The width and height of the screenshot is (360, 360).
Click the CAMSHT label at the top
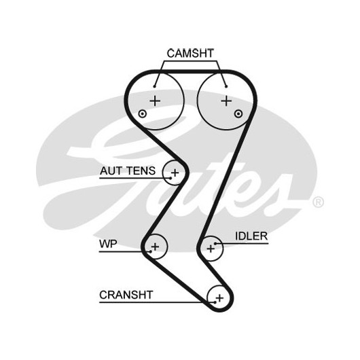(190, 53)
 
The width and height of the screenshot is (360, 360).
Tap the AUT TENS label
(128, 170)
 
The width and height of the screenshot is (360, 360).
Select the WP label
(108, 244)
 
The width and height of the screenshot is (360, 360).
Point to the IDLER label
(251, 236)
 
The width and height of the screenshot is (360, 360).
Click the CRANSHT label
(126, 295)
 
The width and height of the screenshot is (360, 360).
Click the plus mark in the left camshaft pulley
(155, 101)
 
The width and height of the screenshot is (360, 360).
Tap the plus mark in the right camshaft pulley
(226, 101)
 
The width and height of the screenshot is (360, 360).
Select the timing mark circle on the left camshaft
(143, 113)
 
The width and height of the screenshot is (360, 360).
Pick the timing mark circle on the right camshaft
(238, 113)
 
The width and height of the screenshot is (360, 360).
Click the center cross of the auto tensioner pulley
(175, 173)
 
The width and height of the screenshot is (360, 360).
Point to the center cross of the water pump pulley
(155, 247)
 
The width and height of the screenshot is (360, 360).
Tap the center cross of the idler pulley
(211, 249)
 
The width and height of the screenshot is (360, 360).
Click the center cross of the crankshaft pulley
(219, 298)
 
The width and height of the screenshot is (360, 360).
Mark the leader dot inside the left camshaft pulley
(154, 86)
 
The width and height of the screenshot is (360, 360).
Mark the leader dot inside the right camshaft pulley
(226, 86)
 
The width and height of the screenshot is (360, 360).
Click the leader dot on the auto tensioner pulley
(170, 178)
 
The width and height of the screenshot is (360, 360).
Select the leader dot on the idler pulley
(215, 243)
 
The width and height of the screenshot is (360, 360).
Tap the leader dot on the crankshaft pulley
(215, 302)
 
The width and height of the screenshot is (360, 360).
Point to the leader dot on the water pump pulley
(151, 251)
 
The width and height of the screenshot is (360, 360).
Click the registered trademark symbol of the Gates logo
(318, 202)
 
